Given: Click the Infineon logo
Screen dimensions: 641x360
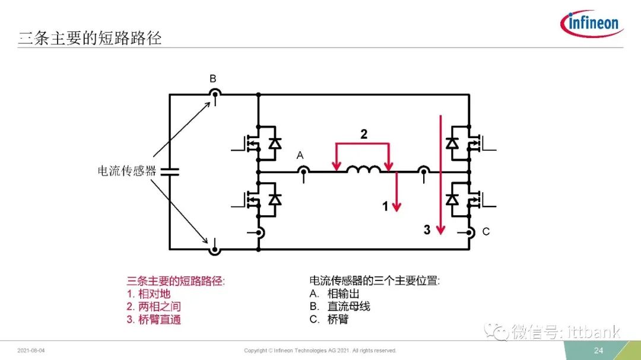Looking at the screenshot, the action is click(592, 24).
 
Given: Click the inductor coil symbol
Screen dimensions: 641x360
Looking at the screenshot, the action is click(363, 169).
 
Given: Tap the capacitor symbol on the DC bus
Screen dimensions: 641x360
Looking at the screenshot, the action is click(170, 171).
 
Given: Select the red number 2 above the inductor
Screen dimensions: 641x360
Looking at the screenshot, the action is click(364, 134).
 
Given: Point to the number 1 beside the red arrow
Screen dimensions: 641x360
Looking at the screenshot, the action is click(385, 206).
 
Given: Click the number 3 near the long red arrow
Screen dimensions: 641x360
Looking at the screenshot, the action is click(427, 230).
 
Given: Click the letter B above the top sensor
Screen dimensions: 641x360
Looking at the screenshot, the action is click(213, 78).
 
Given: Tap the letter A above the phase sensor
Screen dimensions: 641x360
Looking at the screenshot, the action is click(300, 155).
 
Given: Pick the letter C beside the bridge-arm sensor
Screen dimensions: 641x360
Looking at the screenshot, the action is click(485, 232).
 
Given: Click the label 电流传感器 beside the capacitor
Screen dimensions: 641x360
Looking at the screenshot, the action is click(127, 171).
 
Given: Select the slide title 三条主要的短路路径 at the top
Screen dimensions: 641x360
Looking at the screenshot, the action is click(90, 38).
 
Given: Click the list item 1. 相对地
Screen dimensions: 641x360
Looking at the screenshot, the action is click(148, 294).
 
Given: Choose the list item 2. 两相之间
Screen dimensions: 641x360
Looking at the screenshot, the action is click(154, 307).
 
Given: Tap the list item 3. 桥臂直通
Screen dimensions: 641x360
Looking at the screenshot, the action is click(154, 319).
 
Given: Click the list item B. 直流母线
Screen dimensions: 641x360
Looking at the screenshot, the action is click(339, 307).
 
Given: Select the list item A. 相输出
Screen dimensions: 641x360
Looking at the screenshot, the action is click(334, 294).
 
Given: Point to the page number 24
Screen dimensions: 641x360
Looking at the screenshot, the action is click(598, 350).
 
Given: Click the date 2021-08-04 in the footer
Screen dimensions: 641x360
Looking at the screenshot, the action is click(31, 351).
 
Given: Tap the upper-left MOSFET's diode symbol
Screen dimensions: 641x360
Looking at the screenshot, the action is click(275, 144).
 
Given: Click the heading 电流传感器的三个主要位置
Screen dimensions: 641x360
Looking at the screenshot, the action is click(375, 281).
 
